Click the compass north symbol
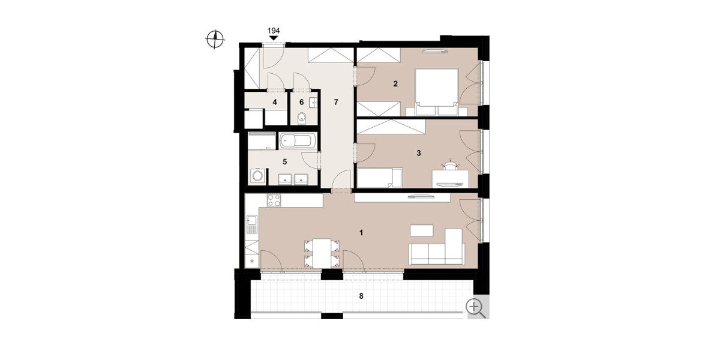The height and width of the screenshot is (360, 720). tap(215, 40)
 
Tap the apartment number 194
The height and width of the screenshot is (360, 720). tap(274, 31)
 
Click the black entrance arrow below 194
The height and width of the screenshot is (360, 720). tap(274, 38)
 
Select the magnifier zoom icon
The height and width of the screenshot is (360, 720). tap(476, 307)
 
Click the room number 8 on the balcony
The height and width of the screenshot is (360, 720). tap(362, 296)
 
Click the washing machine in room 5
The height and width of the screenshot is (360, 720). tap(257, 176)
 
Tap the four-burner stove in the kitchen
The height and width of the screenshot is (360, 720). tap(274, 200)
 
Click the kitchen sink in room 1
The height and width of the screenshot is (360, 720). tap(252, 226)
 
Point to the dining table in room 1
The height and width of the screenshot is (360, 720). tap(323, 253)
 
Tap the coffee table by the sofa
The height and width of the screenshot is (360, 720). tap(422, 230)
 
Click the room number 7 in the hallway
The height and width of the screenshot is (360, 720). tap(337, 102)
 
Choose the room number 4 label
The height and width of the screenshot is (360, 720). tap(275, 102)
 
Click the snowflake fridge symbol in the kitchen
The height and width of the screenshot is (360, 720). tap(252, 262)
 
